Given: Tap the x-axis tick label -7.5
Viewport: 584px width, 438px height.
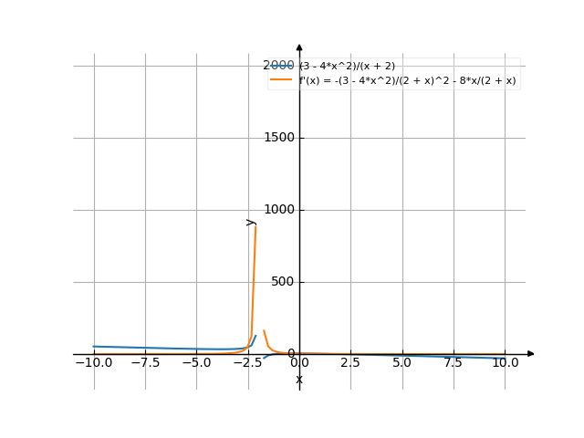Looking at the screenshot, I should coord(144,362).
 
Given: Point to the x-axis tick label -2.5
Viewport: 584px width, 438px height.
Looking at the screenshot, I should coord(247,362).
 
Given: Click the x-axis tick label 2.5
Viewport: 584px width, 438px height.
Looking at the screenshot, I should coord(350,362).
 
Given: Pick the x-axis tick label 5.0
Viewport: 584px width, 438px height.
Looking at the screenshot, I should coord(402,362).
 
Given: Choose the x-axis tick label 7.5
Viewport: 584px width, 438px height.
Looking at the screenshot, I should coord(454,362).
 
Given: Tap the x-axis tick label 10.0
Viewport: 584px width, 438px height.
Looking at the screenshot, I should coord(506,362).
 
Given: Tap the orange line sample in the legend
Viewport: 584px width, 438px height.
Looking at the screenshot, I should coord(281,80).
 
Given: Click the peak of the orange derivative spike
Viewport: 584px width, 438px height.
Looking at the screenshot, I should coord(255,223).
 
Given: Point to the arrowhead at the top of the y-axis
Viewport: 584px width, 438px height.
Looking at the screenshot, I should coord(299,46).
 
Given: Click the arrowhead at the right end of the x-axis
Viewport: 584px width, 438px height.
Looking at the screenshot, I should coord(531,354).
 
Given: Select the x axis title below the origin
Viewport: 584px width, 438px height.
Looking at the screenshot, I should coord(299,379).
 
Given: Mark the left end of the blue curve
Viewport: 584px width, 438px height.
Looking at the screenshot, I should coord(93,347).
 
